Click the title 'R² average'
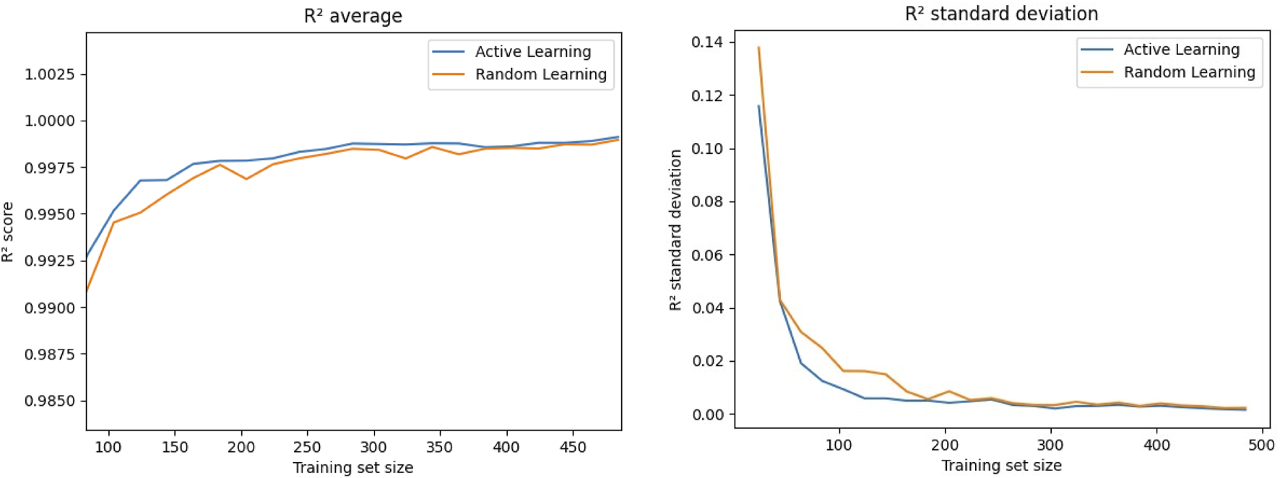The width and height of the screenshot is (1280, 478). (353, 16)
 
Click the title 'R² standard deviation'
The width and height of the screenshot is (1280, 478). (1001, 14)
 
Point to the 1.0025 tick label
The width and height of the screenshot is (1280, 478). (50, 74)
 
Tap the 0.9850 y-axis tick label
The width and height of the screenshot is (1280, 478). (50, 401)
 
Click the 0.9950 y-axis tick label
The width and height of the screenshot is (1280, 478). (50, 214)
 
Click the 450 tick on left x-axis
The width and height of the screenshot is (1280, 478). (573, 448)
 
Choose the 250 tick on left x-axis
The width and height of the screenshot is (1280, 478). (307, 448)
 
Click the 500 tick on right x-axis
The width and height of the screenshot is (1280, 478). (1261, 446)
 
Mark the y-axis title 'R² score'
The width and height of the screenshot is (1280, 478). (8, 232)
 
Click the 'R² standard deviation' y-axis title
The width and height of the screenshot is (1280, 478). (675, 230)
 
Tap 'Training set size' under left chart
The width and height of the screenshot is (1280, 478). (353, 468)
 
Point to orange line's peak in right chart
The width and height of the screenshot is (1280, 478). (758, 48)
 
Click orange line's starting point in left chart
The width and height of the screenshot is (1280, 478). (87, 291)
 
